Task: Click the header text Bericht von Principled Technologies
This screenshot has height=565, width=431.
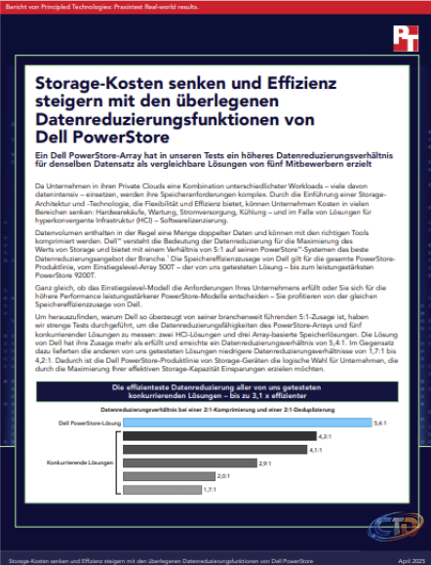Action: point(88,6)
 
